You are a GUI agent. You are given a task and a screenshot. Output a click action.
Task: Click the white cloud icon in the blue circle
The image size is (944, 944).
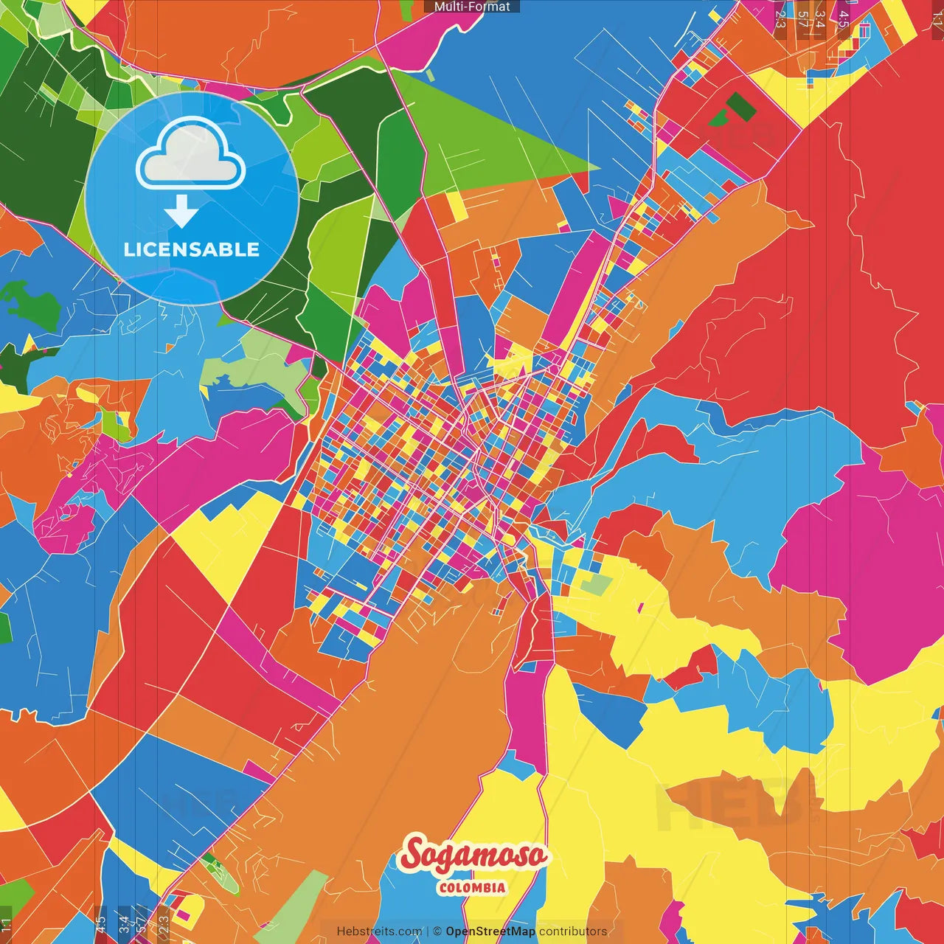click(x=190, y=156)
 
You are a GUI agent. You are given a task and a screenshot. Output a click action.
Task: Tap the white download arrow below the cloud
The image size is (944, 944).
click(x=181, y=211)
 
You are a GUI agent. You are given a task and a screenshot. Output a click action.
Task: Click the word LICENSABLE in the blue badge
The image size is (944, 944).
click(x=192, y=249)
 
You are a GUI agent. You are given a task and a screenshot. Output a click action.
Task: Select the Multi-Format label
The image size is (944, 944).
click(x=472, y=7)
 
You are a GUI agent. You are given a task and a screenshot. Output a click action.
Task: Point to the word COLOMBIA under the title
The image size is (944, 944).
click(x=472, y=887)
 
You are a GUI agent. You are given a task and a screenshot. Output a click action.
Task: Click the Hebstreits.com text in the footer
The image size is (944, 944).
click(x=379, y=931)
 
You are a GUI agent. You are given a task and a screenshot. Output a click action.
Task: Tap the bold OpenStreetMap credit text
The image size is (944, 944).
click(x=490, y=931)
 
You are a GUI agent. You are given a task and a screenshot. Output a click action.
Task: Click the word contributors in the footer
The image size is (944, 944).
click(x=573, y=931)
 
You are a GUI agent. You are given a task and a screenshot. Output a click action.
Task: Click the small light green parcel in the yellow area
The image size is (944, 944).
click(x=597, y=585)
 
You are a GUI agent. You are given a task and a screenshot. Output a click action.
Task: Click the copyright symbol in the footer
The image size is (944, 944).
click(x=437, y=931)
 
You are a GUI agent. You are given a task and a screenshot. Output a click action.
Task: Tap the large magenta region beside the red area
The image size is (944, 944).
click(x=855, y=546)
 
